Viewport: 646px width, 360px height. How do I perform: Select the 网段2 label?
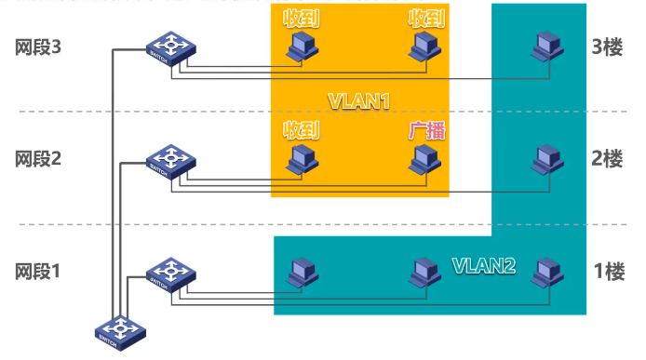(38, 158)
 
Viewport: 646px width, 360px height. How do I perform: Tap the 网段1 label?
(38, 272)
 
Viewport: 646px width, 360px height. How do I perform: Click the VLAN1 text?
(357, 100)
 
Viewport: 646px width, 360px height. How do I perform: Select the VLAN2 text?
(484, 265)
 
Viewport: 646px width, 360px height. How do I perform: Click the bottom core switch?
(119, 333)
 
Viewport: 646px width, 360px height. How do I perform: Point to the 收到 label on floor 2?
(302, 131)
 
